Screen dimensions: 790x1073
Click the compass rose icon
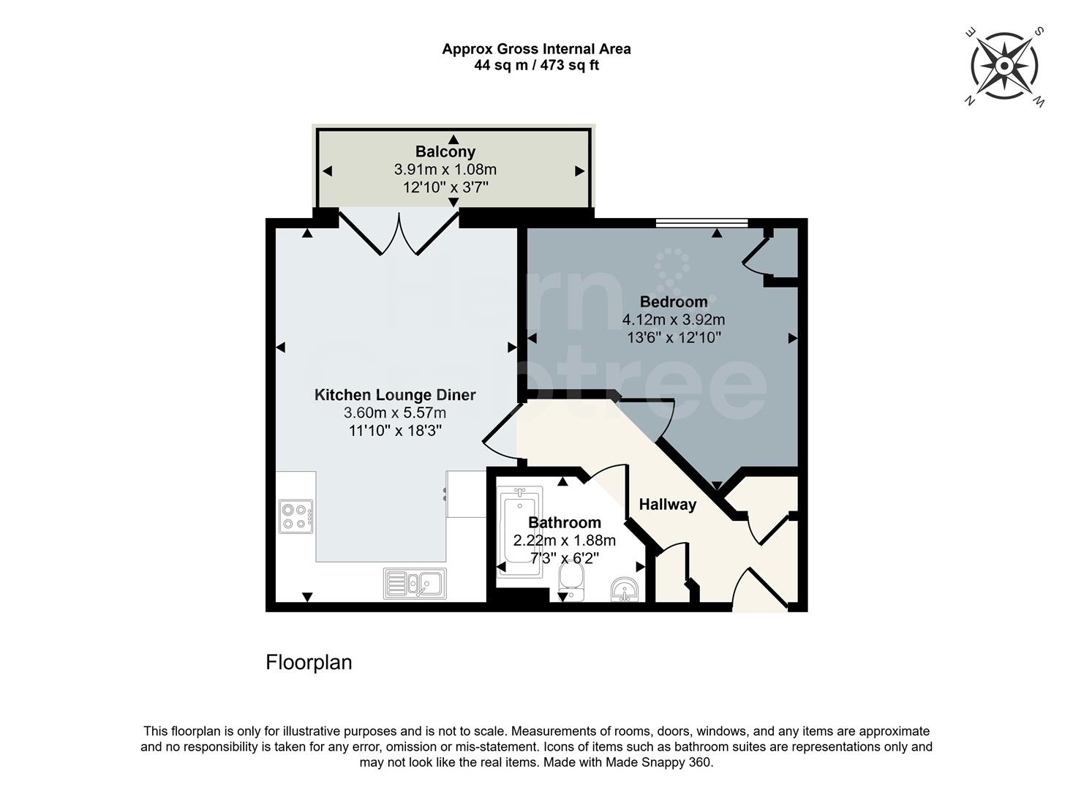point(1004,67)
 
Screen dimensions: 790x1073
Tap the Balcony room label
point(445,151)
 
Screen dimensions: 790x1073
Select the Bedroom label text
point(673,301)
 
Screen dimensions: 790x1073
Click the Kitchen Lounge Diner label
point(395,395)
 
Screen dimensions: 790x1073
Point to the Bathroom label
point(564,522)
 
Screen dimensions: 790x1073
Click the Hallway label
point(667,504)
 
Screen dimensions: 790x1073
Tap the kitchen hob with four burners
point(295,516)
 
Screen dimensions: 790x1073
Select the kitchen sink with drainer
point(415,584)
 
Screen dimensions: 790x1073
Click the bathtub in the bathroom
point(520,532)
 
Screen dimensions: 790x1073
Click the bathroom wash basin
point(624,588)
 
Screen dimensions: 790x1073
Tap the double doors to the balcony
point(399,232)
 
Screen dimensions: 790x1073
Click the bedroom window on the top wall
point(701,222)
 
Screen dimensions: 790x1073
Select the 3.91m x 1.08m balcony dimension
point(445,170)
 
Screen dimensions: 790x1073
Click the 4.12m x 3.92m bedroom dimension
point(673,320)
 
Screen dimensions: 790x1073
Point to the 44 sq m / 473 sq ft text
point(536,65)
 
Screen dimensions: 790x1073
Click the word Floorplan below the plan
point(309,662)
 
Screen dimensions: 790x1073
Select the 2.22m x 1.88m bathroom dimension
point(564,541)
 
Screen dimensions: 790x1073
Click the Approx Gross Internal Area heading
point(536,49)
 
